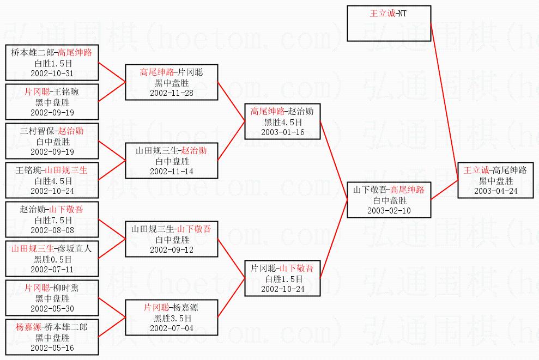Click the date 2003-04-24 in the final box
(x=496, y=191)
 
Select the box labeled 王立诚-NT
(x=389, y=23)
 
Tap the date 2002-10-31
(x=52, y=73)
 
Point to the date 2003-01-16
(x=282, y=132)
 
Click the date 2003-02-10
(x=389, y=211)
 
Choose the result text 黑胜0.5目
(x=53, y=259)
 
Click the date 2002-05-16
(x=52, y=348)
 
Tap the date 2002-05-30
(x=52, y=309)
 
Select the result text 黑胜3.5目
(x=172, y=318)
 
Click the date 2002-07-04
(x=172, y=328)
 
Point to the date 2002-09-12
(x=172, y=250)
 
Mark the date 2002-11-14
(x=172, y=172)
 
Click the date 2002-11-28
(x=172, y=93)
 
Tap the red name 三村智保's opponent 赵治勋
(x=71, y=131)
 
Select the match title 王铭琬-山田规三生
(x=52, y=170)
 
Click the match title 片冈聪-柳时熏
(x=52, y=288)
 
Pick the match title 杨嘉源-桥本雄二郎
(x=52, y=327)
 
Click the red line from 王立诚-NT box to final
(x=445, y=101)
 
